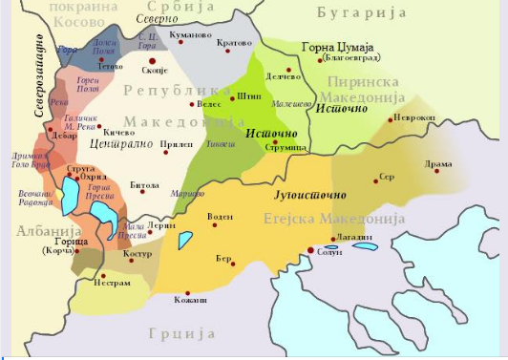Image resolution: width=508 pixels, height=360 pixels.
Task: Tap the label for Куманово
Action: (x=188, y=34)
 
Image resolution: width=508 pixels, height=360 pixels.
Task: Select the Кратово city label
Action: (x=235, y=43)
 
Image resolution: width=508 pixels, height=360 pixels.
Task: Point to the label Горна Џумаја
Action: (x=338, y=45)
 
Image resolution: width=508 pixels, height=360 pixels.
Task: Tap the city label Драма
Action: (x=439, y=164)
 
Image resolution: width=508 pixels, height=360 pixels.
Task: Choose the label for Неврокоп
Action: (x=416, y=118)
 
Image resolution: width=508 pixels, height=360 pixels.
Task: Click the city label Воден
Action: (x=221, y=216)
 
